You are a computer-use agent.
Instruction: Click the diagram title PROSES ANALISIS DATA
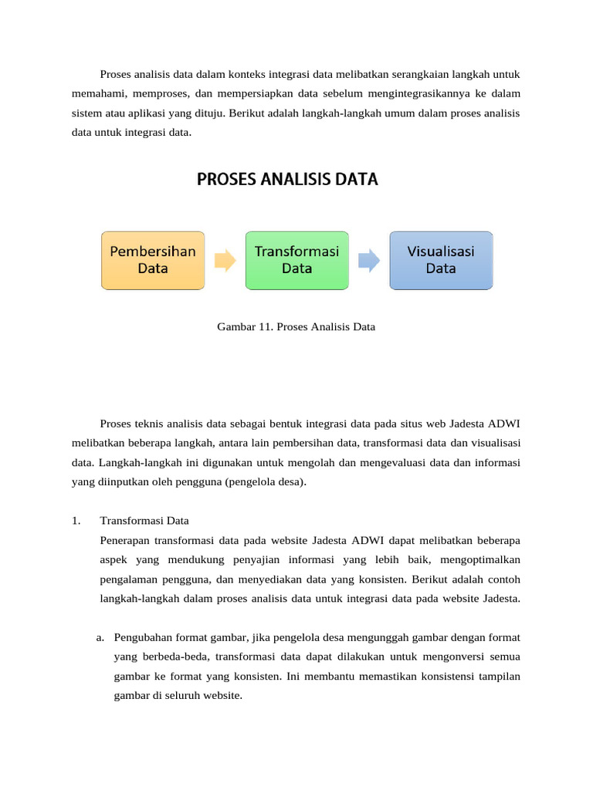[x=287, y=180]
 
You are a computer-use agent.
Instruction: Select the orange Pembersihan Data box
[x=153, y=260]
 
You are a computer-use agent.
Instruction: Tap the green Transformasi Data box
[x=296, y=260]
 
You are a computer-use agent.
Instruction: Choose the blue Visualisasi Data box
[x=441, y=260]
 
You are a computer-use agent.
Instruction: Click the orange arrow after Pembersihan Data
[x=225, y=261]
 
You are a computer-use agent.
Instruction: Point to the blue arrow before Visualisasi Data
[x=369, y=261]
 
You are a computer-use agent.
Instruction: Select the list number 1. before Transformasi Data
[x=76, y=520]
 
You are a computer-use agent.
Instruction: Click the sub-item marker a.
[x=100, y=637]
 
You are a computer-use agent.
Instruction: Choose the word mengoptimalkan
[x=483, y=559]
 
